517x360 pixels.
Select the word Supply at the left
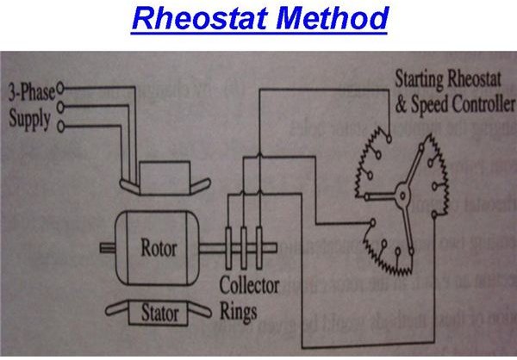(29, 117)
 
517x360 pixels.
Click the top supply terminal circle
(62, 87)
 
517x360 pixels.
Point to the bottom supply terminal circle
(62, 127)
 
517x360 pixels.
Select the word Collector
(248, 286)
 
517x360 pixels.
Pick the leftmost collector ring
(229, 249)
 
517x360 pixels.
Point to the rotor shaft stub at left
(107, 250)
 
